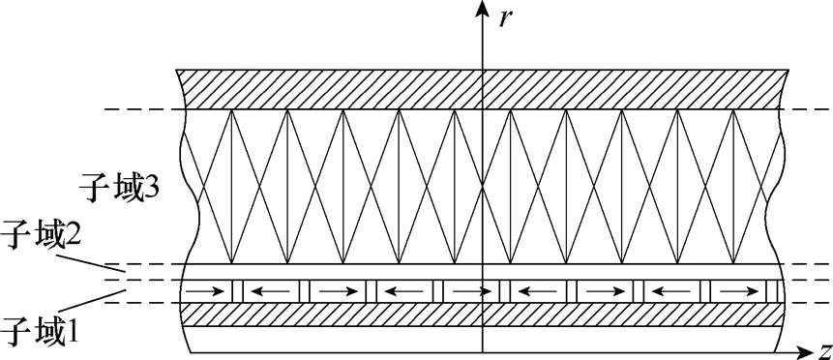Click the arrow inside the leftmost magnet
tap(203, 289)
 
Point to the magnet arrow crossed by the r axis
tap(470, 289)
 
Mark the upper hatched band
tap(481, 89)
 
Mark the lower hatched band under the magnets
tap(481, 315)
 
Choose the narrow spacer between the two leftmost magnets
tap(237, 290)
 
